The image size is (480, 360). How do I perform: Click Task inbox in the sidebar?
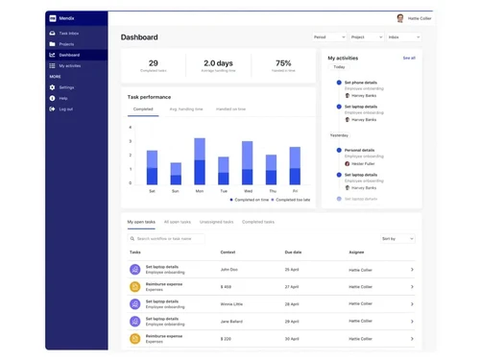68,34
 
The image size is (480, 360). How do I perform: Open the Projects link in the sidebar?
66,44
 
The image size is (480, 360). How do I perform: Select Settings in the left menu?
66,87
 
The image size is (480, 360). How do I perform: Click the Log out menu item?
65,108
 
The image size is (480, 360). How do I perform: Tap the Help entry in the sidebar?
63,98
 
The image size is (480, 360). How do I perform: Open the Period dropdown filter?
328,37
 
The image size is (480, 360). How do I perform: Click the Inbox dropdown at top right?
403,37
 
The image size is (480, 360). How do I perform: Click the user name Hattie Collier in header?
420,18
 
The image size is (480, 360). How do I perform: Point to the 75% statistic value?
283,63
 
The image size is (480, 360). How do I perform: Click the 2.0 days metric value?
218,63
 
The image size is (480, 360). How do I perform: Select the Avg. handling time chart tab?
186,109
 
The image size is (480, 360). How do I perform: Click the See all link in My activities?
409,58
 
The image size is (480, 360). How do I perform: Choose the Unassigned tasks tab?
216,222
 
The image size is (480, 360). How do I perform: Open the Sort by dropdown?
396,238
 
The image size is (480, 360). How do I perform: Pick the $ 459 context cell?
226,286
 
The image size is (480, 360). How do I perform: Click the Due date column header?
293,252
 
